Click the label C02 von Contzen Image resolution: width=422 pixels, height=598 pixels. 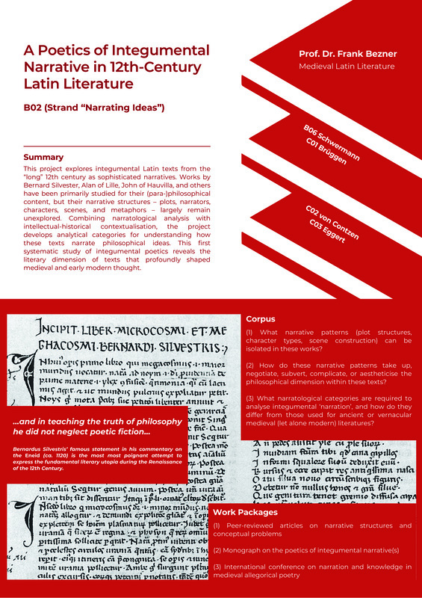point(334,222)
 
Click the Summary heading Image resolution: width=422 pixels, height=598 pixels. point(43,157)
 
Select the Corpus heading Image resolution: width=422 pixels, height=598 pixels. point(261,318)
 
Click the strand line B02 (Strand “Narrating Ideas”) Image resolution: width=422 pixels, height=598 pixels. point(94,108)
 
